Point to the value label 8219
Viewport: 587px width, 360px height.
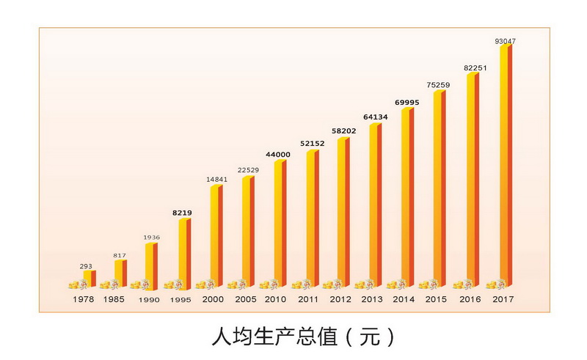[x=182, y=213]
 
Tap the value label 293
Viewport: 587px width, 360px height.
[x=86, y=265]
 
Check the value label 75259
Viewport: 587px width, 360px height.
[x=438, y=84]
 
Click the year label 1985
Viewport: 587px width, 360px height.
[x=114, y=299]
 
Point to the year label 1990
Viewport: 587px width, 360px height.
[x=147, y=301]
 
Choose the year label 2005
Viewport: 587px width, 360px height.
[x=245, y=299]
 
